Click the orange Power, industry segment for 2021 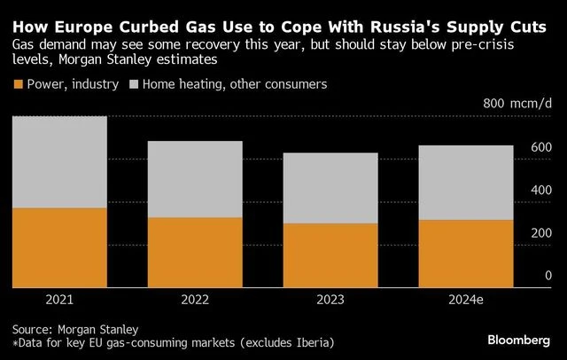[59, 247]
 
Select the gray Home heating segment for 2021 [59, 162]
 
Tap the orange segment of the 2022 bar [195, 252]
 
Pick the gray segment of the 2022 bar [195, 179]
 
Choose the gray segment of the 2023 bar [330, 188]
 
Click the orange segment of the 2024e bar [466, 254]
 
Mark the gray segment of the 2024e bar [466, 183]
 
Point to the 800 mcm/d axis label [517, 105]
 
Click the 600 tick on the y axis [542, 147]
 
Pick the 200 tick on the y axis [542, 232]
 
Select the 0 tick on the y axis [548, 276]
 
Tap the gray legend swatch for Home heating [135, 84]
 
